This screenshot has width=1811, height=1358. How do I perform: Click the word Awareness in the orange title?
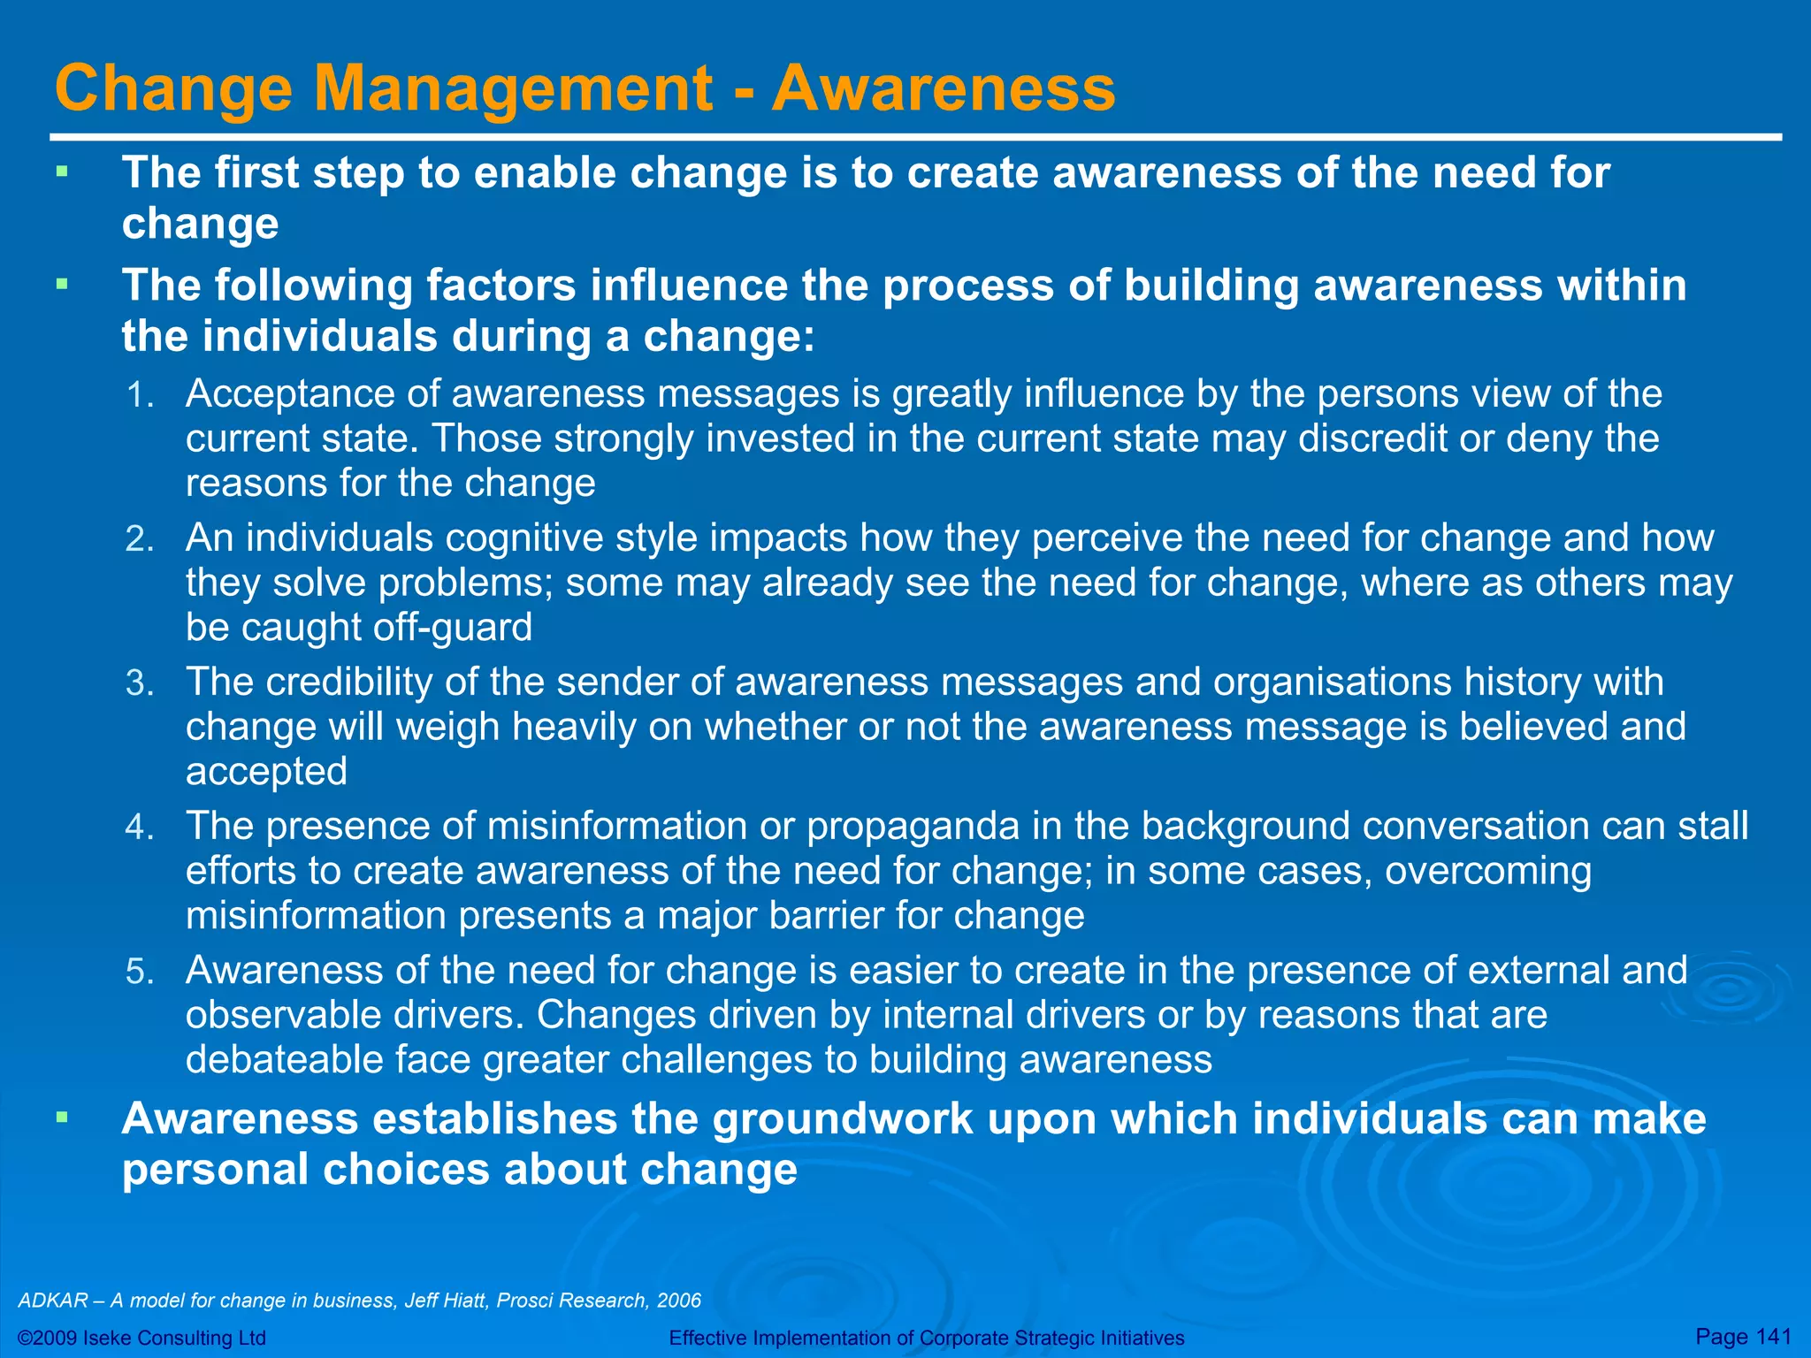[x=944, y=88]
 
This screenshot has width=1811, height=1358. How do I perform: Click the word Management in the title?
[x=513, y=88]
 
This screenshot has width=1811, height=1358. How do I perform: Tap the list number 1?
[x=140, y=395]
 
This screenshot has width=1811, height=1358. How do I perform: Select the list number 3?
[x=140, y=683]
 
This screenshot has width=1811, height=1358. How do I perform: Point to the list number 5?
[x=140, y=972]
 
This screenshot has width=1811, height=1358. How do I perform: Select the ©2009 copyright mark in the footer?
[x=50, y=1338]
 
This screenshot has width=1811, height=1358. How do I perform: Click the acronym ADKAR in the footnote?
[x=53, y=1301]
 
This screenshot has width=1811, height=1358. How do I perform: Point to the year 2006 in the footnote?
[x=680, y=1301]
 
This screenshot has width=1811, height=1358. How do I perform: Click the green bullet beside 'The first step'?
[x=61, y=172]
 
